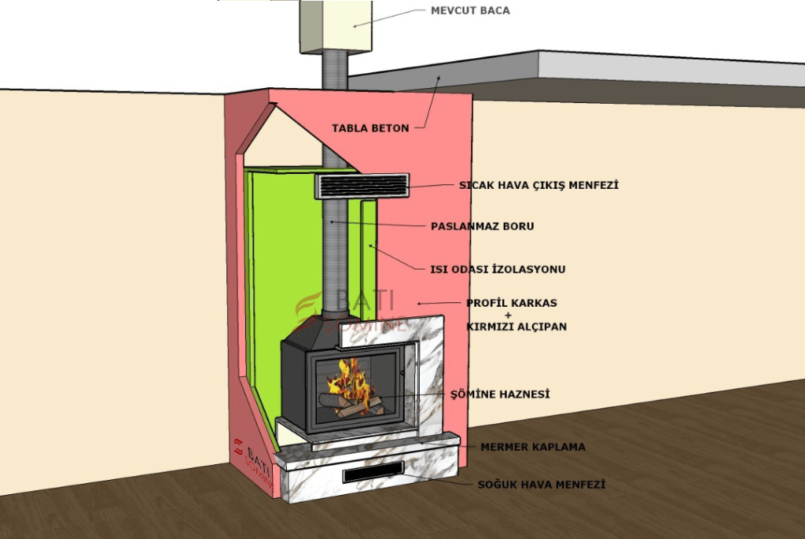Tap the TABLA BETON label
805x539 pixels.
tap(369, 127)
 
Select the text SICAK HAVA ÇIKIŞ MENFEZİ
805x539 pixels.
tap(539, 186)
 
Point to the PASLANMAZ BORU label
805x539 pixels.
tap(482, 227)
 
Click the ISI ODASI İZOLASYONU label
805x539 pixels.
tap(498, 269)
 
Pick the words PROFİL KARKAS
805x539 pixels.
tap(516, 303)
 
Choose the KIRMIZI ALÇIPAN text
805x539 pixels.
tap(516, 326)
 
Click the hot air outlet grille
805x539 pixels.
tap(362, 186)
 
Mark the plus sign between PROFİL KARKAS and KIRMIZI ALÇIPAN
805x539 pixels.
tap(516, 315)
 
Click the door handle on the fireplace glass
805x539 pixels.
tap(400, 382)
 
